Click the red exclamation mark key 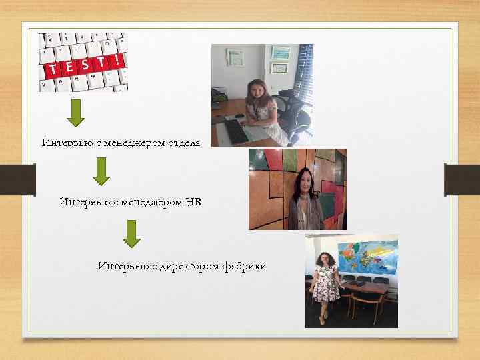(117, 61)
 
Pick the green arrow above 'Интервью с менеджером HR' (101, 171)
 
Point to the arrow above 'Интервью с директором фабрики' (132, 233)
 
